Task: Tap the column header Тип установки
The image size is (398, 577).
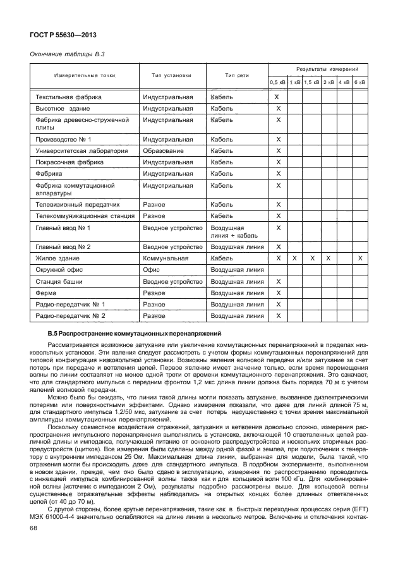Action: coord(171,75)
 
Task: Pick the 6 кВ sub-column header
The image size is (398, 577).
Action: coord(360,83)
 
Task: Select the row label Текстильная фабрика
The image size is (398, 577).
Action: coord(69,97)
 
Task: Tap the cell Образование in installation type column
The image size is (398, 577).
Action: coord(163,151)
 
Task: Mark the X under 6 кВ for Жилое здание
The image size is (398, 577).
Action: coord(360,258)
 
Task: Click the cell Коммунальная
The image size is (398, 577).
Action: coord(166,258)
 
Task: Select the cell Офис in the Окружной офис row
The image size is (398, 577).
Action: coord(154,270)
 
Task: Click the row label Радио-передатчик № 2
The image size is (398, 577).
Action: coord(70,315)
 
